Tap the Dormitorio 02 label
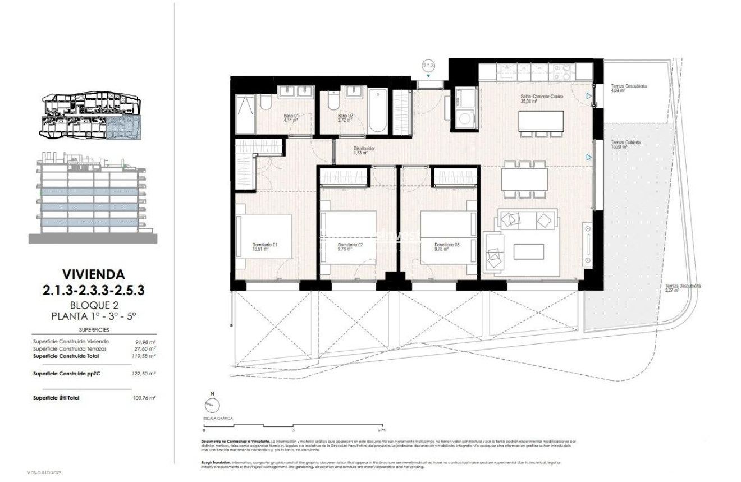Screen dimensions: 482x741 point(350,247)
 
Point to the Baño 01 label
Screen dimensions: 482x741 point(290,118)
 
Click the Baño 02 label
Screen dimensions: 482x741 point(345,118)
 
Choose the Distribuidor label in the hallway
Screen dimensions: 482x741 point(364,151)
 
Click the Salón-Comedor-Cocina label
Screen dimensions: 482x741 point(541,99)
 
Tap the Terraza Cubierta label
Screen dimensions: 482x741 point(626,145)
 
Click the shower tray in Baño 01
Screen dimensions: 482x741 point(245,114)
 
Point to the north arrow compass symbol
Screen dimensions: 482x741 point(212,405)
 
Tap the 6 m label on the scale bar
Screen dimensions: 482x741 point(382,430)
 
